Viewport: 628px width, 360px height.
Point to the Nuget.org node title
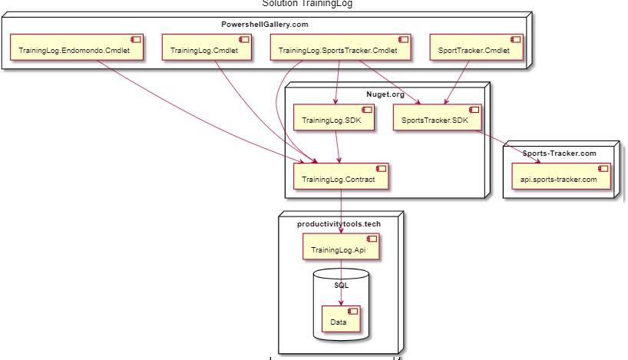point(385,94)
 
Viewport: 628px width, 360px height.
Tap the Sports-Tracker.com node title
point(559,154)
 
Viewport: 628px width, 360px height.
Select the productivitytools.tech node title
point(339,223)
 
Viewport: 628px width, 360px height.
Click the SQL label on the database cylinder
point(342,285)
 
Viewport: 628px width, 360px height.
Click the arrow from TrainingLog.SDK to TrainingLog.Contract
point(339,147)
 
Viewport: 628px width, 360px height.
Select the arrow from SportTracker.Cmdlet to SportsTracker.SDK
point(458,81)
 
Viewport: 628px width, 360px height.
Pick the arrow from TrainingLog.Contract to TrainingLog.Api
point(341,212)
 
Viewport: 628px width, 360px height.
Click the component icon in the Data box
point(353,311)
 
